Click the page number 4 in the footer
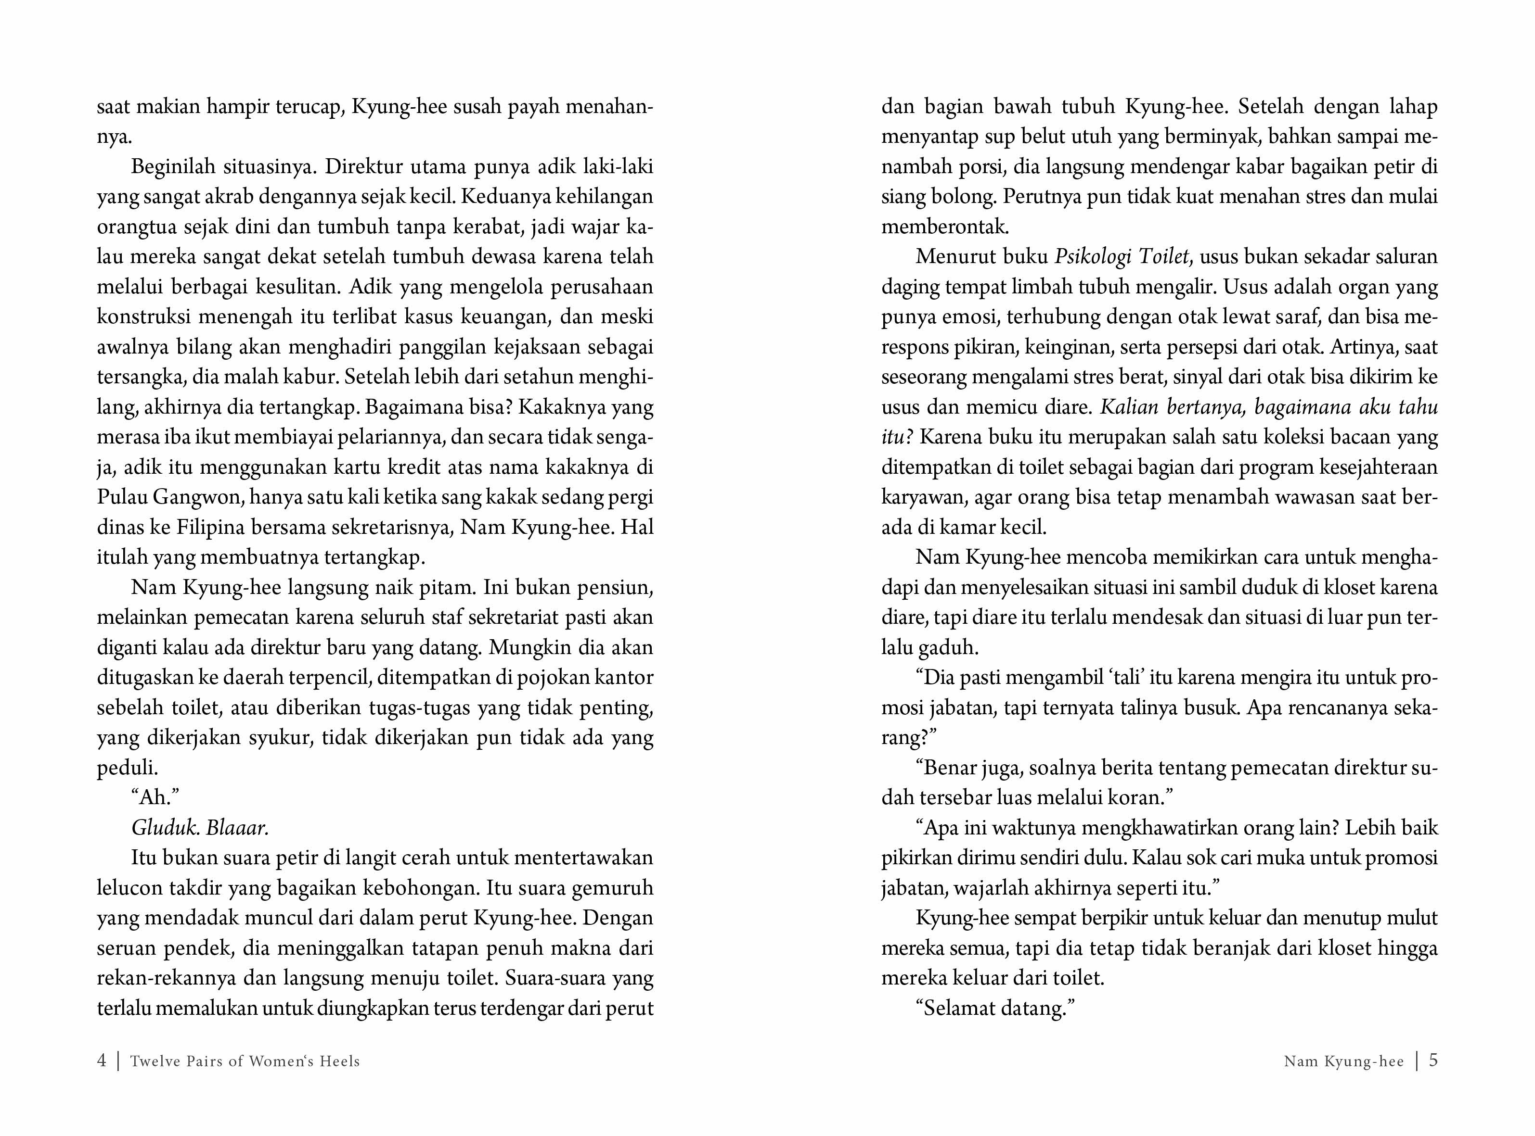click(x=102, y=1060)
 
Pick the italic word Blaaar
click(x=237, y=827)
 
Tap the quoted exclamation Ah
click(x=155, y=797)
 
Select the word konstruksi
click(x=143, y=316)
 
